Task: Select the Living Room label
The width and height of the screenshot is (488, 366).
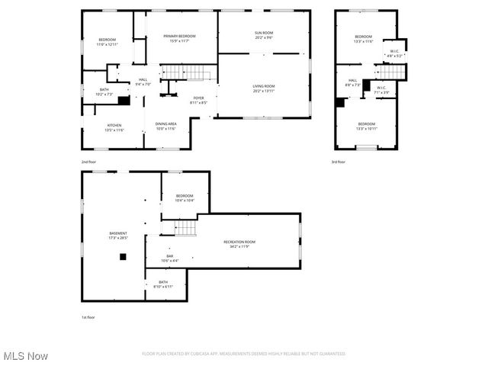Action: pos(264,88)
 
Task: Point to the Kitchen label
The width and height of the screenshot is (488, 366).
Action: pos(114,127)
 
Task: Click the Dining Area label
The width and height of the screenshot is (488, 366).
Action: pos(166,126)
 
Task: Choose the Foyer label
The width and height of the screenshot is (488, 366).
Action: pos(198,99)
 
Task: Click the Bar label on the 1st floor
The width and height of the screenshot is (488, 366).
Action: pos(169,258)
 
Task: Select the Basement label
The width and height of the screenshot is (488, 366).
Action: pos(118,235)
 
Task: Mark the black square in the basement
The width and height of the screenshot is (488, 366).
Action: pos(122,257)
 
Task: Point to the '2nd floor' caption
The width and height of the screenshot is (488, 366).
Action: pos(89,162)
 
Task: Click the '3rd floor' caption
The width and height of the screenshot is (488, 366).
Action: pos(338,162)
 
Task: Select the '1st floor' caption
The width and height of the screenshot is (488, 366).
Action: pos(88,317)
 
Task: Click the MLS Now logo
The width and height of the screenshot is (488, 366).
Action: pos(25,356)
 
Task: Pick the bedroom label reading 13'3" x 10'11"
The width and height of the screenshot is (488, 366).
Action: pos(367,125)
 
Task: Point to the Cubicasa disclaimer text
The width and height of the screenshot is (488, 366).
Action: pos(244,354)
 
